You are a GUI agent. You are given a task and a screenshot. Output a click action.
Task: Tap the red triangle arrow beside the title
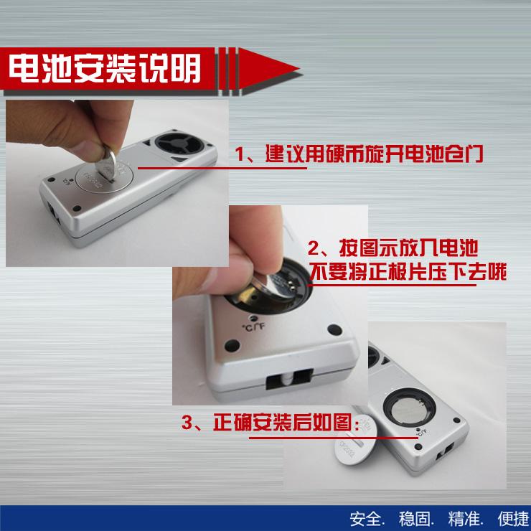268,68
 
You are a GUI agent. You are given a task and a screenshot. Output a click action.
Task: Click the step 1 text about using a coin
359,154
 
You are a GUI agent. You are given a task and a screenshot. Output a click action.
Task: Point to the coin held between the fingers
106,163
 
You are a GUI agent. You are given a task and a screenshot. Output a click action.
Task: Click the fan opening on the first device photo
179,144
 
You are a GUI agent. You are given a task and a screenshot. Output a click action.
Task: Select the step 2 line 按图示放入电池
393,248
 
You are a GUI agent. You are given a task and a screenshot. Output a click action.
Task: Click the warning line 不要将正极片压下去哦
408,271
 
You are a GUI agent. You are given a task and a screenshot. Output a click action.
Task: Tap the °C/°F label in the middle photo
253,327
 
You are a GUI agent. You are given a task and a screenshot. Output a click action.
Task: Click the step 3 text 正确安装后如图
270,423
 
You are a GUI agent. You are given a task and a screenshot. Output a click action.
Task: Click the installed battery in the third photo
410,410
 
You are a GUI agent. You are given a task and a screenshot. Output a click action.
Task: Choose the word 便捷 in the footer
513,519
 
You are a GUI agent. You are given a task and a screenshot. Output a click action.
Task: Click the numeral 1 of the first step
240,154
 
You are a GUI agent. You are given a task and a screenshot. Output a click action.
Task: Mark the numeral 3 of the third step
187,423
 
